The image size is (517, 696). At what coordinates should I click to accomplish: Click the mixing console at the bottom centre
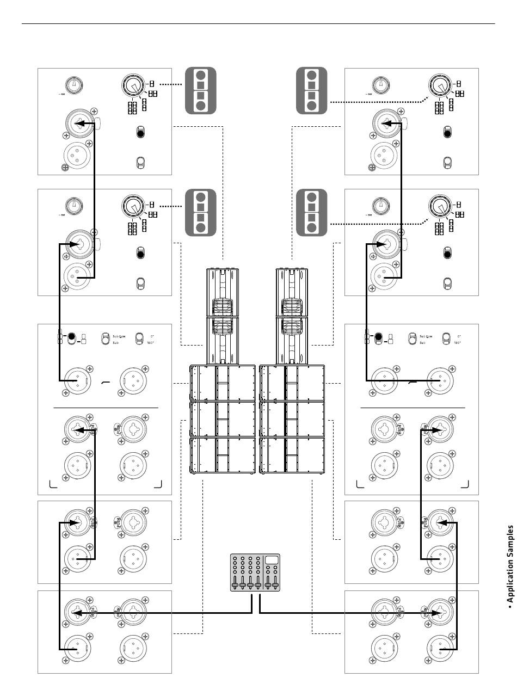pos(255,572)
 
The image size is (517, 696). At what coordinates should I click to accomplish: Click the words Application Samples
pos(510,566)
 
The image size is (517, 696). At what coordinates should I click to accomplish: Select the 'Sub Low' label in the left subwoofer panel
pos(121,337)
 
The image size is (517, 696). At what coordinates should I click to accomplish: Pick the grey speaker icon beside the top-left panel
pos(201,91)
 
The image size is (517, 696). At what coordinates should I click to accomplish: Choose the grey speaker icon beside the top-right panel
pos(311,91)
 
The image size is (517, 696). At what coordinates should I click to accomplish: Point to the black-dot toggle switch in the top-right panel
pos(447,132)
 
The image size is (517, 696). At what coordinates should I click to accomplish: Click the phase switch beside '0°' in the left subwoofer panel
pos(139,338)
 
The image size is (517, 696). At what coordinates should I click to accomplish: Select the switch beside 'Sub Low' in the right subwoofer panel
pos(413,338)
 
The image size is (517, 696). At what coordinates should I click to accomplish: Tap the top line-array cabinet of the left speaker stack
pos(222,292)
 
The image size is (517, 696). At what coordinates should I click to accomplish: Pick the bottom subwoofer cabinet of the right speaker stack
pos(292,454)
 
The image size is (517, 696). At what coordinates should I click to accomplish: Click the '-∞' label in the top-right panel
pos(370,94)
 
